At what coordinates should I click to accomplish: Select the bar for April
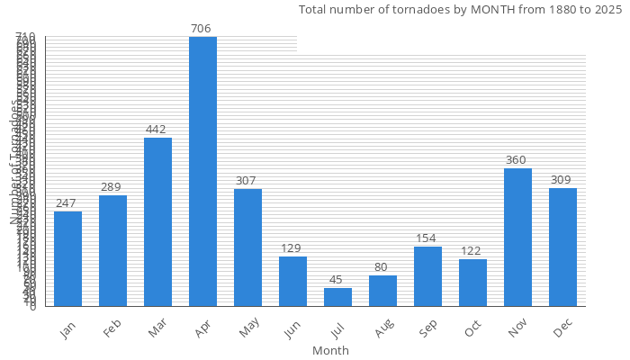click(x=202, y=171)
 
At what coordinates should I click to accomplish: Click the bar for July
click(x=337, y=297)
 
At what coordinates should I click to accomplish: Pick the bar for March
click(x=157, y=221)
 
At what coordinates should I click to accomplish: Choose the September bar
click(x=427, y=276)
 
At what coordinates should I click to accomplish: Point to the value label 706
click(x=201, y=29)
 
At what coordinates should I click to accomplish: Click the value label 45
click(x=337, y=280)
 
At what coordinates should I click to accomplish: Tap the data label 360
click(x=516, y=160)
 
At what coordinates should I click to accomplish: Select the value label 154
click(x=426, y=238)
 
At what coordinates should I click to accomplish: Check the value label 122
click(x=471, y=251)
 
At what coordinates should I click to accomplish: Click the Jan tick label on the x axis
click(x=67, y=331)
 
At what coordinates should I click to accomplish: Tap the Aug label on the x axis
click(x=382, y=331)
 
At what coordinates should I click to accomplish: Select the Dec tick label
click(x=562, y=331)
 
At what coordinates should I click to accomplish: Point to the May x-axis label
click(x=247, y=331)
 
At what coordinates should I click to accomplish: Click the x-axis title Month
click(x=330, y=350)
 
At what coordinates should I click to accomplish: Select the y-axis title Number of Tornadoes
click(x=15, y=162)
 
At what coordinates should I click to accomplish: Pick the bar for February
click(x=112, y=250)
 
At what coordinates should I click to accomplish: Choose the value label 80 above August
click(x=382, y=267)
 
